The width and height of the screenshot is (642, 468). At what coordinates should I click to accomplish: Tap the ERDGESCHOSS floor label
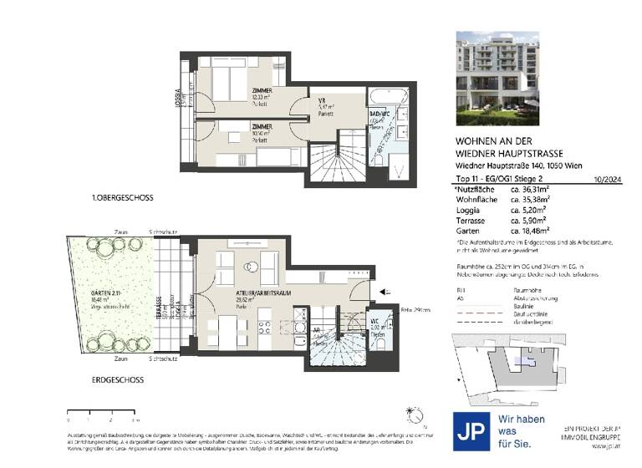point(117,379)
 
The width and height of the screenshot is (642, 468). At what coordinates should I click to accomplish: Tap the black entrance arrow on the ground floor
point(384,292)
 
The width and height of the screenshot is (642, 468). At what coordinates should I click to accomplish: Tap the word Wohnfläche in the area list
point(476,201)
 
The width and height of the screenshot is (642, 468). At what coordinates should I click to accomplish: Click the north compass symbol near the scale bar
point(410,414)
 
